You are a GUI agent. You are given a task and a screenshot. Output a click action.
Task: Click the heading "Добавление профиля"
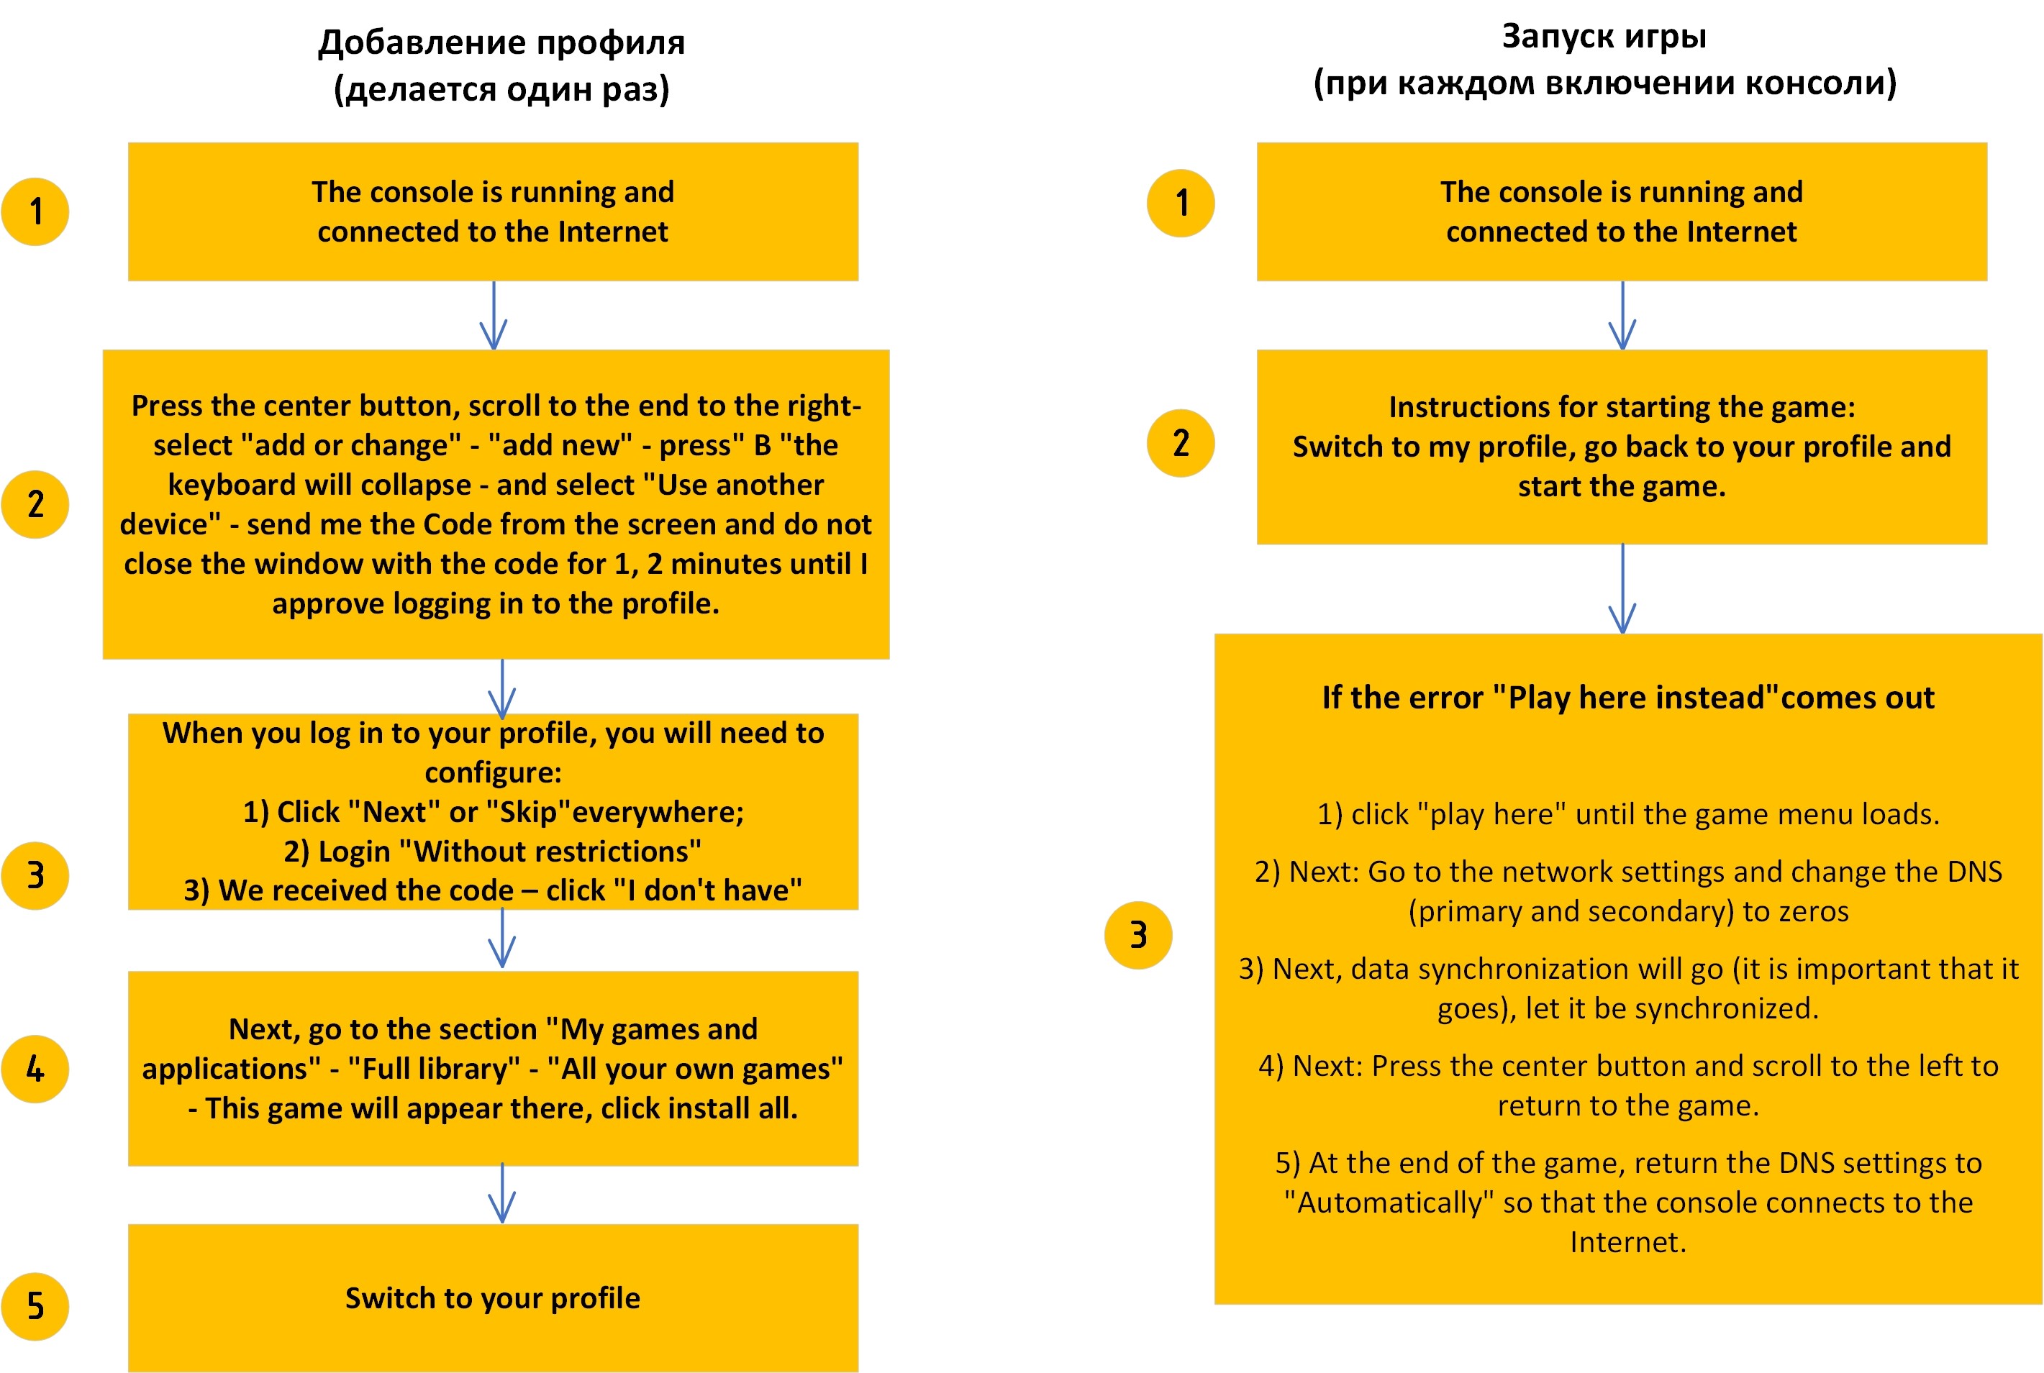pos(501,42)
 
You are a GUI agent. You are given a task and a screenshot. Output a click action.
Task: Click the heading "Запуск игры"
pos(1604,37)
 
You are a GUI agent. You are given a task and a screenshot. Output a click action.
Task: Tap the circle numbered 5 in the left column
pos(35,1305)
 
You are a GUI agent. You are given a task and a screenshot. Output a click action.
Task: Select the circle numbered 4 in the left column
pos(35,1068)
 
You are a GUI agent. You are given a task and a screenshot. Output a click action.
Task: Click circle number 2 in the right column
pos(1181,443)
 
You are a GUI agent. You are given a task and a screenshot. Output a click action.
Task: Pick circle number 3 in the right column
pos(1137,934)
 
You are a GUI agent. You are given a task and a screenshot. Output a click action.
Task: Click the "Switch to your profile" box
pos(492,1297)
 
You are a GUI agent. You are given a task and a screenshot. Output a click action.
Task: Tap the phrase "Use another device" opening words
pos(734,484)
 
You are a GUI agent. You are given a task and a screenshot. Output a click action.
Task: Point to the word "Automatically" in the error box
pos(1388,1203)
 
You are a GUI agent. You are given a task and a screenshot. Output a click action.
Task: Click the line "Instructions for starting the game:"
pos(1622,407)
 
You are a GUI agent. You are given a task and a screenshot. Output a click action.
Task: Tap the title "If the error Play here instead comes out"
pos(1628,698)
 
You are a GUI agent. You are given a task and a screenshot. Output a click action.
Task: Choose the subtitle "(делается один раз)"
pos(501,89)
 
